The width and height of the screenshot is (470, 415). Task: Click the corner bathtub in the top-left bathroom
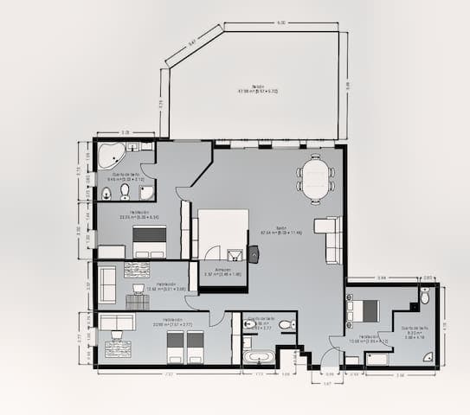click(x=111, y=156)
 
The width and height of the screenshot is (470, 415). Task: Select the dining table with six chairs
click(x=315, y=179)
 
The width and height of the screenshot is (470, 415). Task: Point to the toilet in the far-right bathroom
click(x=424, y=297)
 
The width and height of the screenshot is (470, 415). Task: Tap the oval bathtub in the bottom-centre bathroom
click(x=258, y=356)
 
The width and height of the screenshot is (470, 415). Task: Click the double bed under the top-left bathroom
click(x=150, y=241)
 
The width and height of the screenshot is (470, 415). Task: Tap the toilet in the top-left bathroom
click(x=126, y=190)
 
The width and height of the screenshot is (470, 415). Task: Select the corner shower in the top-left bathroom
click(x=146, y=190)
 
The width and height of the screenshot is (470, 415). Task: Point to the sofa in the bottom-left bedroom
click(x=116, y=322)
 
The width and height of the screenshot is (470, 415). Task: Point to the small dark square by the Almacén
click(x=254, y=253)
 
